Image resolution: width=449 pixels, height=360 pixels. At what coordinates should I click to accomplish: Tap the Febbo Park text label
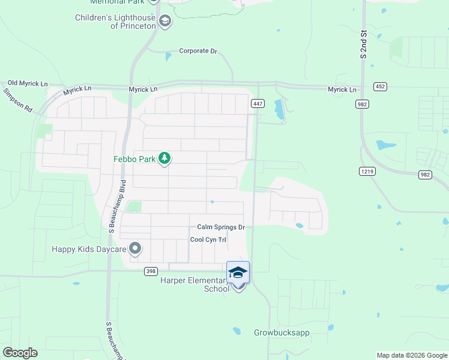[134, 159]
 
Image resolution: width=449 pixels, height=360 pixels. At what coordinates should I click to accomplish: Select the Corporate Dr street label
[198, 52]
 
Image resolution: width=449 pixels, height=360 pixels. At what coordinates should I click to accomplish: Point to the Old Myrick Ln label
[27, 83]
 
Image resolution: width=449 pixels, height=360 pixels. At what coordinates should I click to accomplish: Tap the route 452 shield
[379, 86]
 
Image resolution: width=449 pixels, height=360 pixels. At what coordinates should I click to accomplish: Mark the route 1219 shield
[367, 171]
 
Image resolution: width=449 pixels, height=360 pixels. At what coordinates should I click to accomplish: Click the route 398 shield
[151, 271]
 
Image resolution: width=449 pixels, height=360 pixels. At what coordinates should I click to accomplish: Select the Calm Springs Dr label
[221, 227]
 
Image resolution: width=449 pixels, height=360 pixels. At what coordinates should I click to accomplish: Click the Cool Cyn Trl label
[208, 239]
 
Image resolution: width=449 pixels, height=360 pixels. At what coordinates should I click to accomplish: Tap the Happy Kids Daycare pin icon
[136, 248]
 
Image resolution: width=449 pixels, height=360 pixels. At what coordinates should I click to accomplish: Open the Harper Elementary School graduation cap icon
[238, 272]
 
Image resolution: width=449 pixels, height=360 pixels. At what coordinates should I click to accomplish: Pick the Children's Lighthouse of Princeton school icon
[165, 22]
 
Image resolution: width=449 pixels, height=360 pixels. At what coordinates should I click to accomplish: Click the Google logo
[20, 353]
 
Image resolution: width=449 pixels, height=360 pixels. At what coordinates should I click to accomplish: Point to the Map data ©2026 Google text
[411, 355]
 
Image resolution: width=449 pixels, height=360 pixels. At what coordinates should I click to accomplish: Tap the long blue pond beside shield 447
[279, 109]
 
